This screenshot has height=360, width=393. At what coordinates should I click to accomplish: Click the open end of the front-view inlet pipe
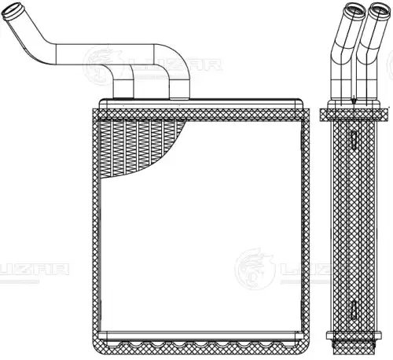pyautogui.click(x=10, y=11)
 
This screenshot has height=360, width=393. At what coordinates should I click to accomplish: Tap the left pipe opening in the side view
pyautogui.click(x=355, y=9)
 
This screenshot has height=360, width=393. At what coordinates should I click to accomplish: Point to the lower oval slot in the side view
pyautogui.click(x=354, y=308)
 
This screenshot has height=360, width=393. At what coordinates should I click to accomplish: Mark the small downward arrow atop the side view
pyautogui.click(x=354, y=100)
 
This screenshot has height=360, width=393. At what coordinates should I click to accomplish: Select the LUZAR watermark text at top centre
pyautogui.click(x=175, y=65)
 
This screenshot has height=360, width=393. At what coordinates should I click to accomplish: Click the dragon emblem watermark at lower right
pyautogui.click(x=255, y=269)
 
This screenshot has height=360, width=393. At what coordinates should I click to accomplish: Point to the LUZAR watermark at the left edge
pyautogui.click(x=34, y=270)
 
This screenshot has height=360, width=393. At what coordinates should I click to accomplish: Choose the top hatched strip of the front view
pyautogui.click(x=200, y=115)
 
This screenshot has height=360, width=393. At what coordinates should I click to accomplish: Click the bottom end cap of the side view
pyautogui.click(x=354, y=340)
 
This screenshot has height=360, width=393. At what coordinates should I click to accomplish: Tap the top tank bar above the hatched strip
pyautogui.click(x=201, y=104)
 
